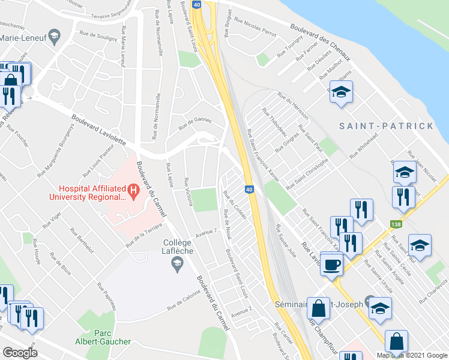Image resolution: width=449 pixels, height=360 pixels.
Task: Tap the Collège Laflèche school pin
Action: [177, 263]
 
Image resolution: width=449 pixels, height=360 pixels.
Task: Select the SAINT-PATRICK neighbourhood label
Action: [385, 126]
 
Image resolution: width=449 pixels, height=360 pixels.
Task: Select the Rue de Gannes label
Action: [195, 123]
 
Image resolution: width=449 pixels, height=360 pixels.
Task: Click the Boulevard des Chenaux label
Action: [319, 38]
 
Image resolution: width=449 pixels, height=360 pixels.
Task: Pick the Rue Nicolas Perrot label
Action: [256, 28]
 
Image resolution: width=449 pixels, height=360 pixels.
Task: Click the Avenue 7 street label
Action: [205, 233]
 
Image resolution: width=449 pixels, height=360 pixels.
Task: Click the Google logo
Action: [20, 353]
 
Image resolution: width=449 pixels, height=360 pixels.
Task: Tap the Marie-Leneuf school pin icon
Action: [55, 37]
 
